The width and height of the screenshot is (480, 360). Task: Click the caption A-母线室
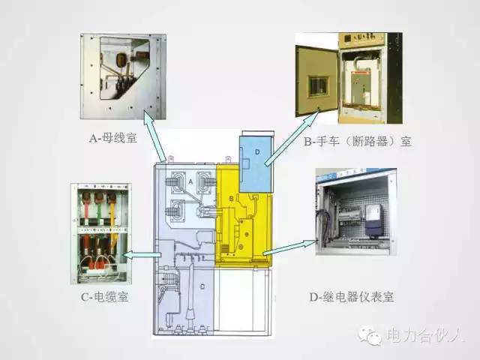point(112,138)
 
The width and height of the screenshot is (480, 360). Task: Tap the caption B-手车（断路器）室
point(358,141)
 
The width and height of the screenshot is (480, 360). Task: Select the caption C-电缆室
point(105,297)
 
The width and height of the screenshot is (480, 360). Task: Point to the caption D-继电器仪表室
point(352,297)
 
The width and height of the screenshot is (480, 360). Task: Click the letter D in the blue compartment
point(257,151)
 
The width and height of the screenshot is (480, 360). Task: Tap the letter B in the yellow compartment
point(232,199)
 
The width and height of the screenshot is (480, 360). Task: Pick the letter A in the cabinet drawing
point(190,181)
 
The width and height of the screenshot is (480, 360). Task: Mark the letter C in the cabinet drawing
point(202,286)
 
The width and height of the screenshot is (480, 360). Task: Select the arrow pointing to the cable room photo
point(142,254)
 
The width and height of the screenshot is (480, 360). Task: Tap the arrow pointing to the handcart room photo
point(292,138)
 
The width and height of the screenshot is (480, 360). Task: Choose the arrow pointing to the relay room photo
point(289,247)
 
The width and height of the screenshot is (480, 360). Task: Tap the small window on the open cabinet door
point(318,86)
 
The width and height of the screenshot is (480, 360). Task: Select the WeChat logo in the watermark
point(370,335)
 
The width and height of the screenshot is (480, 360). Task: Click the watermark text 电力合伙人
point(424,335)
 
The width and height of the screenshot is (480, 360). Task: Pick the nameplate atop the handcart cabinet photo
point(361,39)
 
